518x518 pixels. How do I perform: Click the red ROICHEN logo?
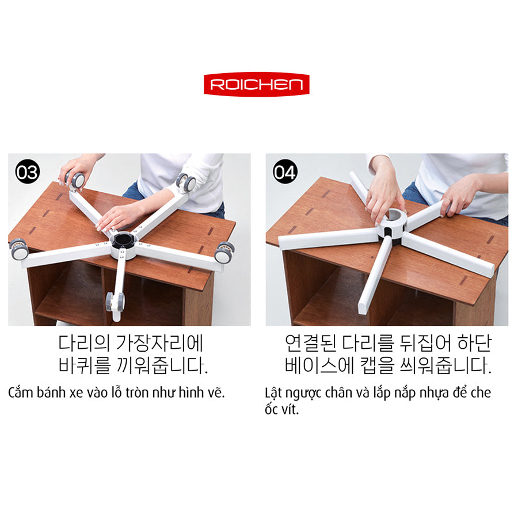click(256, 85)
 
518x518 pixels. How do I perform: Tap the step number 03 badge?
click(27, 172)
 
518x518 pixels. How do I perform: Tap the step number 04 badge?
click(285, 172)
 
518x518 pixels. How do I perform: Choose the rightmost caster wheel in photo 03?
click(224, 253)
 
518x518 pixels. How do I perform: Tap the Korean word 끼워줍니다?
click(163, 366)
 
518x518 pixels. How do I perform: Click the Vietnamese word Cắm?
click(21, 393)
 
